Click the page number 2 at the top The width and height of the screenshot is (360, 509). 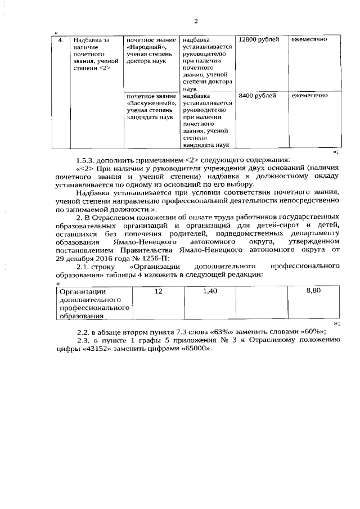(196, 21)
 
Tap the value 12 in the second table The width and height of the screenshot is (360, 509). (158, 291)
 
